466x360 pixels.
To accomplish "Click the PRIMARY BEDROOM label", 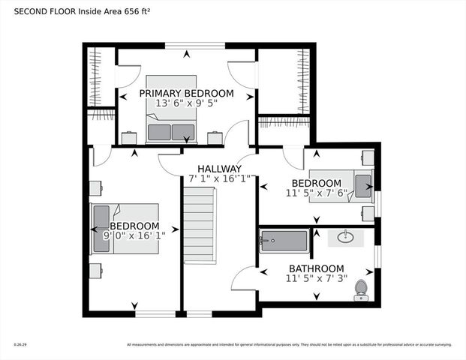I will (186, 94).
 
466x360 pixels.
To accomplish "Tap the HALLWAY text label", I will (219, 169).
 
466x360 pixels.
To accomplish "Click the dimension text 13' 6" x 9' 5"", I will (186, 104).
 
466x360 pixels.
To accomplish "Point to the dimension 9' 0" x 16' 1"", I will (134, 235).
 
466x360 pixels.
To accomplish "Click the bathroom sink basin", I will (346, 238).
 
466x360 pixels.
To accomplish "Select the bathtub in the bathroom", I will (284, 241).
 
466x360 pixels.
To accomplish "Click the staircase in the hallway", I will (200, 226).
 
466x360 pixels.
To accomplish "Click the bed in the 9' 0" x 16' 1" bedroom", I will (125, 228).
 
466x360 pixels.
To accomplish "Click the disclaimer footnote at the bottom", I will (289, 345).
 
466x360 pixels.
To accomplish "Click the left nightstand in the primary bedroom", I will (129, 137).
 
